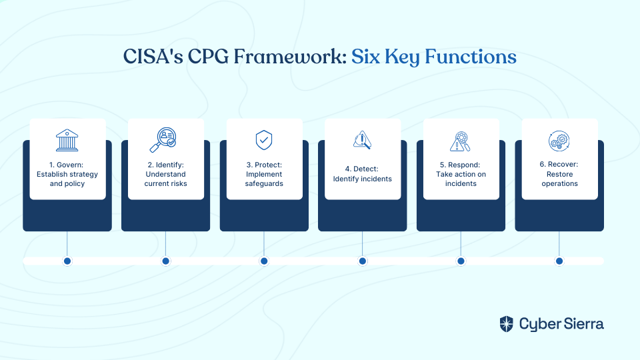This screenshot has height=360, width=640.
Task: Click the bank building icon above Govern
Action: (x=67, y=141)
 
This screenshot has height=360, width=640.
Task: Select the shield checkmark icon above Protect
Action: (x=264, y=141)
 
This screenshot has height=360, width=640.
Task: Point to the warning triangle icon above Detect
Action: (x=362, y=140)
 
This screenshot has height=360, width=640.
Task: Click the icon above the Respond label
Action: (x=461, y=141)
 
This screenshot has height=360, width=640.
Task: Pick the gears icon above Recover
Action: (x=559, y=141)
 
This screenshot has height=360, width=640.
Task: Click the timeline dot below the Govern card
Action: (x=67, y=261)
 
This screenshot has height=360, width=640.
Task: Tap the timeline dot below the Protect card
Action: (x=264, y=261)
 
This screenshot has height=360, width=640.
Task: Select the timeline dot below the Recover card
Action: (x=559, y=261)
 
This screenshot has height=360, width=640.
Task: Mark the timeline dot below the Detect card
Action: (x=363, y=261)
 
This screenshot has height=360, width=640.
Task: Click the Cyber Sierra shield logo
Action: (x=507, y=324)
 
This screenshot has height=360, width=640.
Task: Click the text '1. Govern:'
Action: (x=66, y=165)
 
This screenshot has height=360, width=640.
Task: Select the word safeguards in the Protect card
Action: (x=264, y=184)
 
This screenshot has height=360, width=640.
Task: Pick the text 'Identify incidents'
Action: (x=363, y=179)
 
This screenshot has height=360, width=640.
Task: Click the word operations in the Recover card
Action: (x=559, y=184)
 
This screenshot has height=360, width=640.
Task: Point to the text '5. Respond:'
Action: (x=460, y=165)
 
